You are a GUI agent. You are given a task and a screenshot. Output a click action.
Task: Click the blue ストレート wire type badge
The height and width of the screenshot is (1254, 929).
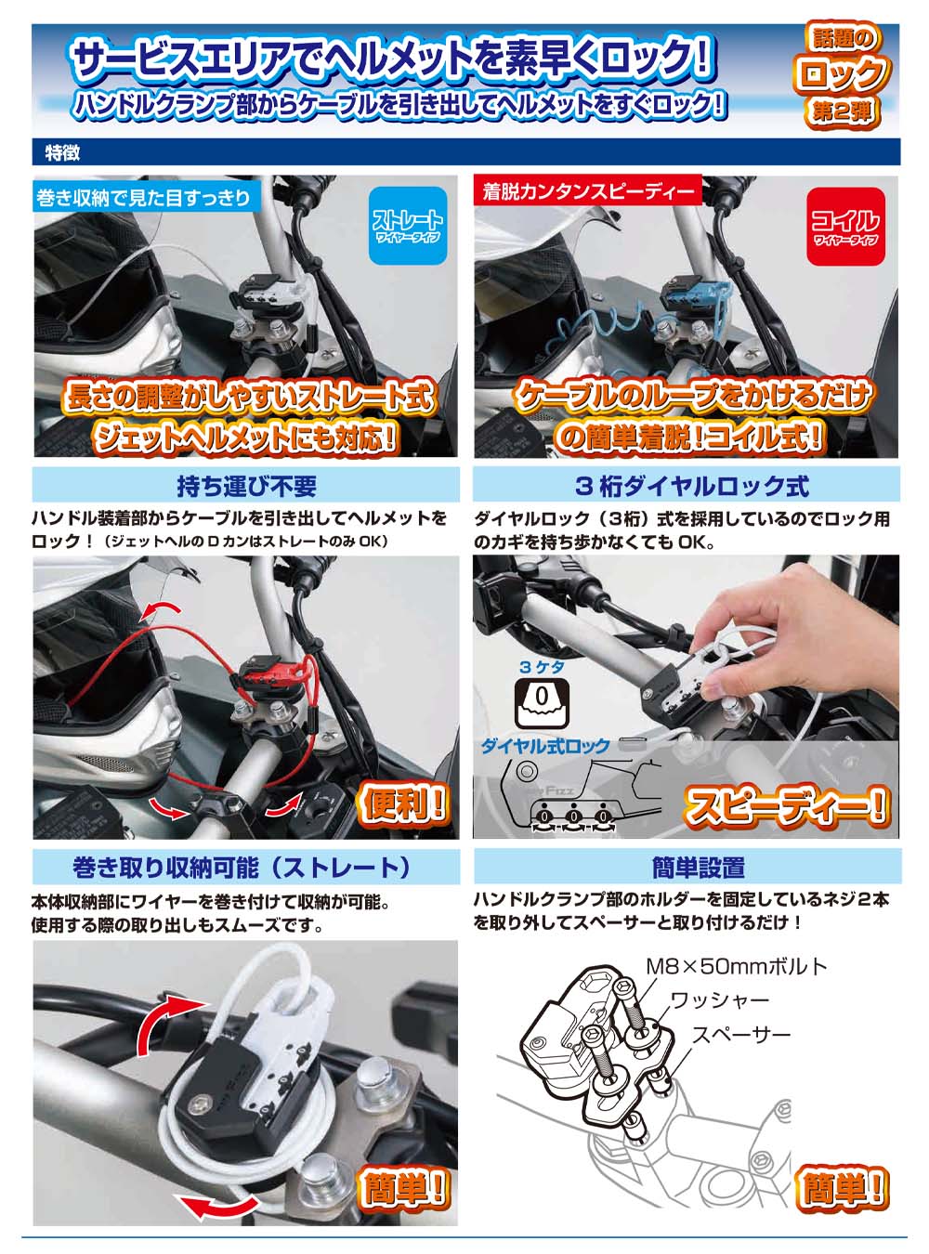408,226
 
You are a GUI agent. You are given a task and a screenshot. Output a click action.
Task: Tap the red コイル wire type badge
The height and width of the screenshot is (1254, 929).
844,226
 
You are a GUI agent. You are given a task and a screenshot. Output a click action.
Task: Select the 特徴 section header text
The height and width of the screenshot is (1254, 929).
63,152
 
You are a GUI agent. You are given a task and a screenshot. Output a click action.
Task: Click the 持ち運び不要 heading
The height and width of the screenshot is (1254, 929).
246,486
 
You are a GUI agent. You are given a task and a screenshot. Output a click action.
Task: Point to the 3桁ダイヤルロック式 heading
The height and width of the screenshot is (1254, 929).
691,486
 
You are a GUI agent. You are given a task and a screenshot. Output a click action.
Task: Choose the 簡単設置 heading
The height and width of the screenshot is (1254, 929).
698,868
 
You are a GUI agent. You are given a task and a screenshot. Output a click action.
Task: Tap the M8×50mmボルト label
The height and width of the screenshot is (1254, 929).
736,966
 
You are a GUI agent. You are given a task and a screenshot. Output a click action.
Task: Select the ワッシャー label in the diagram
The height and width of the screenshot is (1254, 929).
719,1000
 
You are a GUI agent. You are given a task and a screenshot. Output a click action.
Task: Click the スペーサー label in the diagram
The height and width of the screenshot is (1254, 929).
740,1035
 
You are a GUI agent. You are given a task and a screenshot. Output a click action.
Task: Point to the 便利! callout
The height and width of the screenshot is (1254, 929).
402,803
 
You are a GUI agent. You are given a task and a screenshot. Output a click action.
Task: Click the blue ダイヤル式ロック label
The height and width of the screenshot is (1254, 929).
545,746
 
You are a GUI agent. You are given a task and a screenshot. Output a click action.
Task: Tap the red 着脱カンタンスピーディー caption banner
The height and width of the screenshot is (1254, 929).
587,191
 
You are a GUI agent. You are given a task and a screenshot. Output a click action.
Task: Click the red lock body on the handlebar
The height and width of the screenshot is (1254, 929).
269,674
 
